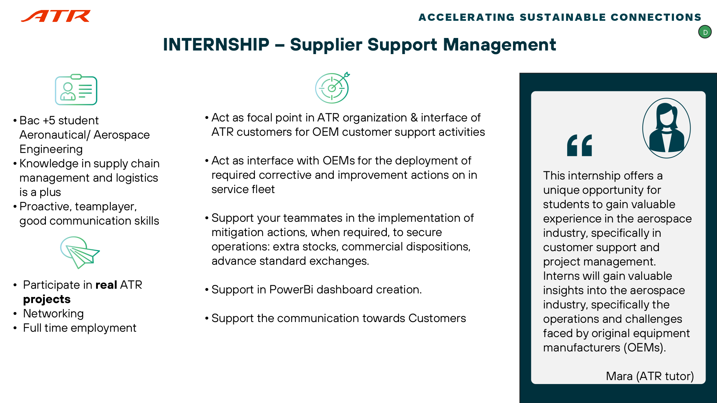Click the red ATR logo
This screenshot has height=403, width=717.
pos(56,16)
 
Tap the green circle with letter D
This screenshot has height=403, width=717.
pos(705,32)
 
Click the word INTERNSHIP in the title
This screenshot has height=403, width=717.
pos(216,45)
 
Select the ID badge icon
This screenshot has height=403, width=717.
pos(76,90)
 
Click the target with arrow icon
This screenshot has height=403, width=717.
pos(332,88)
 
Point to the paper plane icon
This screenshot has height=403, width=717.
pos(80,252)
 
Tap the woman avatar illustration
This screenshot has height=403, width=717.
pos(666,128)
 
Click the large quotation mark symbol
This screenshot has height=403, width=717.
pos(579,145)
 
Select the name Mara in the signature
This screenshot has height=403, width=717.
pos(619,376)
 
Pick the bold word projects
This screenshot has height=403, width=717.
pos(47,299)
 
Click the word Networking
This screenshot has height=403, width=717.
pos(53,313)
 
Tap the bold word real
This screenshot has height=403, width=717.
pos(106,285)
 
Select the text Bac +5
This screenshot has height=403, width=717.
pos(37,120)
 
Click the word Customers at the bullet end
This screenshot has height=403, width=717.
pos(437,318)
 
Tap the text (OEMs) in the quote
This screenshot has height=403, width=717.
pos(645,347)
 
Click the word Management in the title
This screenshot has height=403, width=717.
pos(499,45)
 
